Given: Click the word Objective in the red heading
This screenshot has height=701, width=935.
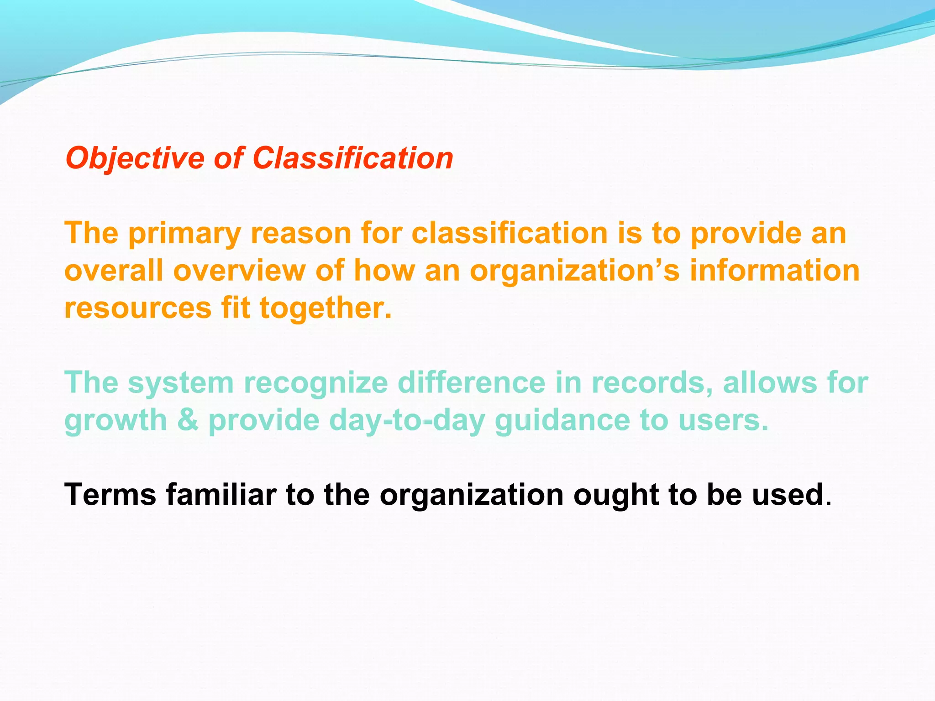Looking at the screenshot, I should click(135, 158).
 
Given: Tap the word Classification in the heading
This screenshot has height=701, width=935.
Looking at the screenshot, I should click(352, 158).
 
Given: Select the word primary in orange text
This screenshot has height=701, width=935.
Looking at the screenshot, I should click(184, 233).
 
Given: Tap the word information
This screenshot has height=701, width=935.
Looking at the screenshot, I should click(774, 271).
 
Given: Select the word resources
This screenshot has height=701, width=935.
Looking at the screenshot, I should click(138, 308).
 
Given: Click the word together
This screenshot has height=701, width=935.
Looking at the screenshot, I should click(326, 308).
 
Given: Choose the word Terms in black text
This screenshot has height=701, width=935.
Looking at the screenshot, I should click(110, 495).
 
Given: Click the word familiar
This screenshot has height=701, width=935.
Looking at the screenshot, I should click(221, 495).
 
